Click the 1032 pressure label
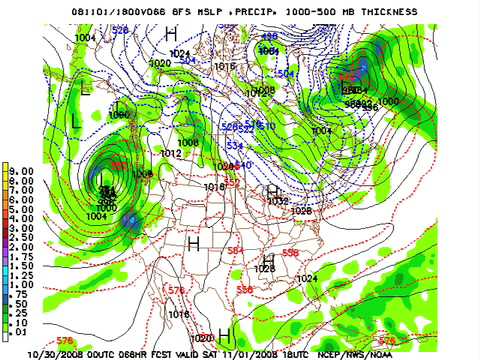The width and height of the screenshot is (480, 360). (x=278, y=201)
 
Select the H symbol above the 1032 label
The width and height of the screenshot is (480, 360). (x=272, y=190)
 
